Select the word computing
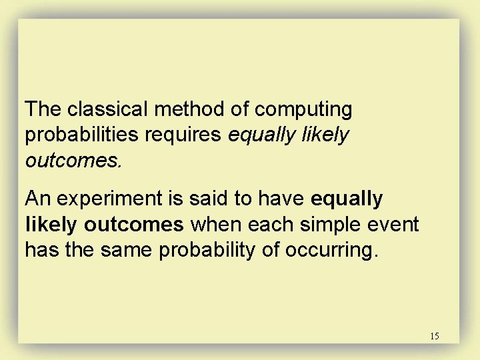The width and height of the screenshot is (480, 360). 304,109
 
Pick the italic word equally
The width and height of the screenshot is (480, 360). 264,135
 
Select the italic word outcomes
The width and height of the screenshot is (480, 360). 63,161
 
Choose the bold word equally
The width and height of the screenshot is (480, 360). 347,199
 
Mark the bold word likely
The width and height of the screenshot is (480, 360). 52,225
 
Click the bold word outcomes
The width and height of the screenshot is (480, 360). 134,225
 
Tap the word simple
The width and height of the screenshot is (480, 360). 339,225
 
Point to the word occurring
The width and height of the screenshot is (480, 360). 333,250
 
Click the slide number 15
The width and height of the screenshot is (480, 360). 434,336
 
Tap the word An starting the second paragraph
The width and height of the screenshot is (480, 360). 36,199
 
